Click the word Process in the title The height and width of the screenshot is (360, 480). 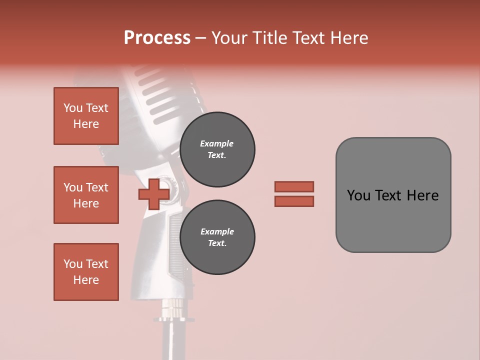pos(157,38)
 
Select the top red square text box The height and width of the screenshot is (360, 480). pos(86,116)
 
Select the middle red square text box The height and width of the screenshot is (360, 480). pos(86,195)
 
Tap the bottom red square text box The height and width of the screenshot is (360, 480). pos(86,272)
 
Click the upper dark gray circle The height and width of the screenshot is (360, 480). pos(217,149)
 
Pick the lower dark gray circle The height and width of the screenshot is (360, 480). pos(217,237)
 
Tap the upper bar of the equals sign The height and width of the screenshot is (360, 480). pos(294,186)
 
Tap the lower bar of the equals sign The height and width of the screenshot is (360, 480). pos(294,201)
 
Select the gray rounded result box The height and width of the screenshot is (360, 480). pos(393,195)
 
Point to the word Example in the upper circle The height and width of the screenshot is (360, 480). pos(216,143)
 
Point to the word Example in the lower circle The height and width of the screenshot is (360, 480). pos(217,231)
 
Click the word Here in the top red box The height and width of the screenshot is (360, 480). pos(86,124)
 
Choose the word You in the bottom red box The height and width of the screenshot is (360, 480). pos(73,264)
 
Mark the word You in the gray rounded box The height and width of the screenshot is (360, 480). pos(358,195)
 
